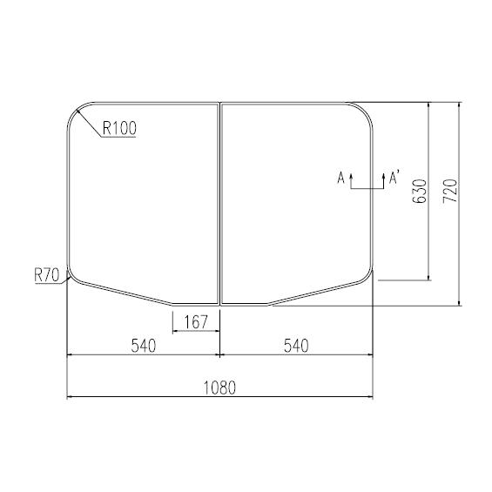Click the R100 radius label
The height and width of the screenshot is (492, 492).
click(120, 129)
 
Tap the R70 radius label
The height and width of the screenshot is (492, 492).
click(46, 275)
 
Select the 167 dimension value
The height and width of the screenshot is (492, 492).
click(196, 323)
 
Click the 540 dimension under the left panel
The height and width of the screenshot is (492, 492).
click(143, 346)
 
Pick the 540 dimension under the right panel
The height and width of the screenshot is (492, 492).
click(296, 346)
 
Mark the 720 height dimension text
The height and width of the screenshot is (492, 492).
click(449, 192)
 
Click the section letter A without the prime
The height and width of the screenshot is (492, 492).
click(341, 179)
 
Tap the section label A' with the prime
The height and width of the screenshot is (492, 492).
click(394, 179)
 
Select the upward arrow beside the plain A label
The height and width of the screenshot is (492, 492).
click(351, 180)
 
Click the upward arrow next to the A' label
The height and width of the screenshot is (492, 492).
click(383, 180)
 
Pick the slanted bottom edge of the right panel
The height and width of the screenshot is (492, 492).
click(318, 294)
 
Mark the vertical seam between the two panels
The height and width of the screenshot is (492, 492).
click(219, 200)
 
